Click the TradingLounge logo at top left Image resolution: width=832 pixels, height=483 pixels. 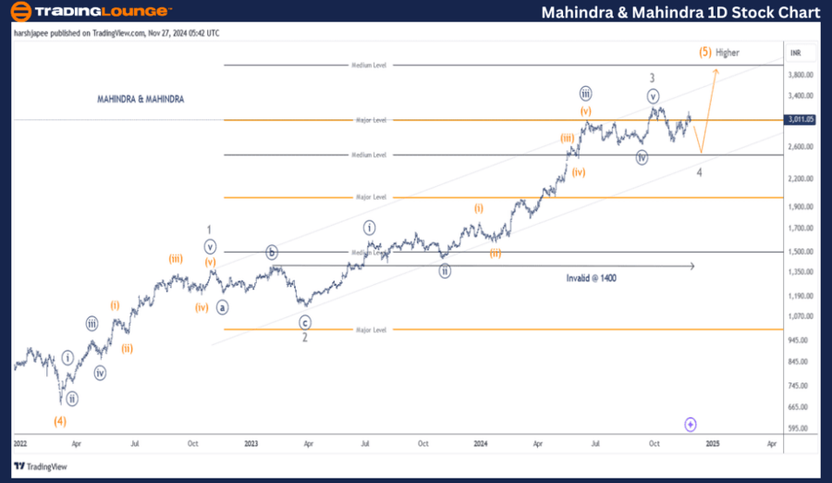coord(90,12)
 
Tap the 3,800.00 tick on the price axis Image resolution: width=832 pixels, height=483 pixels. coord(801,75)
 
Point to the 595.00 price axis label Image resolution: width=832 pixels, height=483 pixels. coord(801,428)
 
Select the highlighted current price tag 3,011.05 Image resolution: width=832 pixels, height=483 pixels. coord(801,119)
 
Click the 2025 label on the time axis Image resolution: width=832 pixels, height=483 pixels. coord(713,443)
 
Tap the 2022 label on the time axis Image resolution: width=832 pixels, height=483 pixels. coord(19,443)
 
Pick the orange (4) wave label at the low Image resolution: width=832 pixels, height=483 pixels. coord(59,421)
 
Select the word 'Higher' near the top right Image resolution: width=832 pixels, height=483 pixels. coord(728,53)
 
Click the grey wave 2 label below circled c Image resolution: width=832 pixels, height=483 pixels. coord(304,338)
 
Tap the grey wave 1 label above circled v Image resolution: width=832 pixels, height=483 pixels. coord(211,229)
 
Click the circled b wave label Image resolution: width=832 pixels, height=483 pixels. coord(272,252)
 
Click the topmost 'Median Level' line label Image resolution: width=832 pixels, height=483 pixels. coord(369,65)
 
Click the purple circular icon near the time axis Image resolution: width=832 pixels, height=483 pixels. coord(691,424)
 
